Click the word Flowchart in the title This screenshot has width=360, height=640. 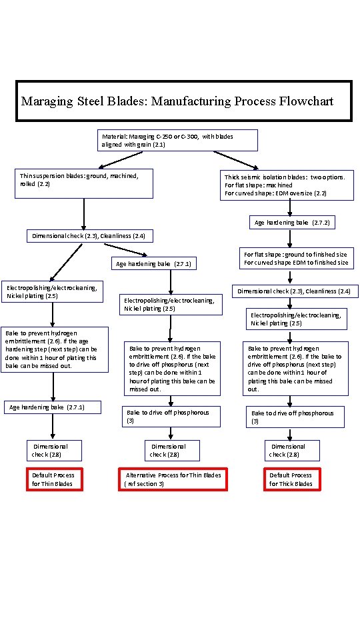[x=298, y=101]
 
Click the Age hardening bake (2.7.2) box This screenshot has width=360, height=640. [x=292, y=222]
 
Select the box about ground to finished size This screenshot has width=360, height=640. [x=295, y=259]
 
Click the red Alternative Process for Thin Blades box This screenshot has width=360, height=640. [x=173, y=479]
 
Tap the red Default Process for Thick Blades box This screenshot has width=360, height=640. [x=291, y=479]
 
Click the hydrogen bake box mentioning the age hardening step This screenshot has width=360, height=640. [x=54, y=349]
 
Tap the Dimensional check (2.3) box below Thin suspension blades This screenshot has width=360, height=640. [x=89, y=235]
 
